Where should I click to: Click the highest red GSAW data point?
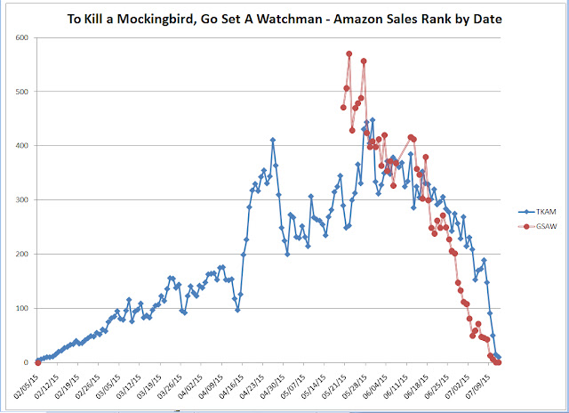click(x=349, y=54)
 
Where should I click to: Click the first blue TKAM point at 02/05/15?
click(x=38, y=361)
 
